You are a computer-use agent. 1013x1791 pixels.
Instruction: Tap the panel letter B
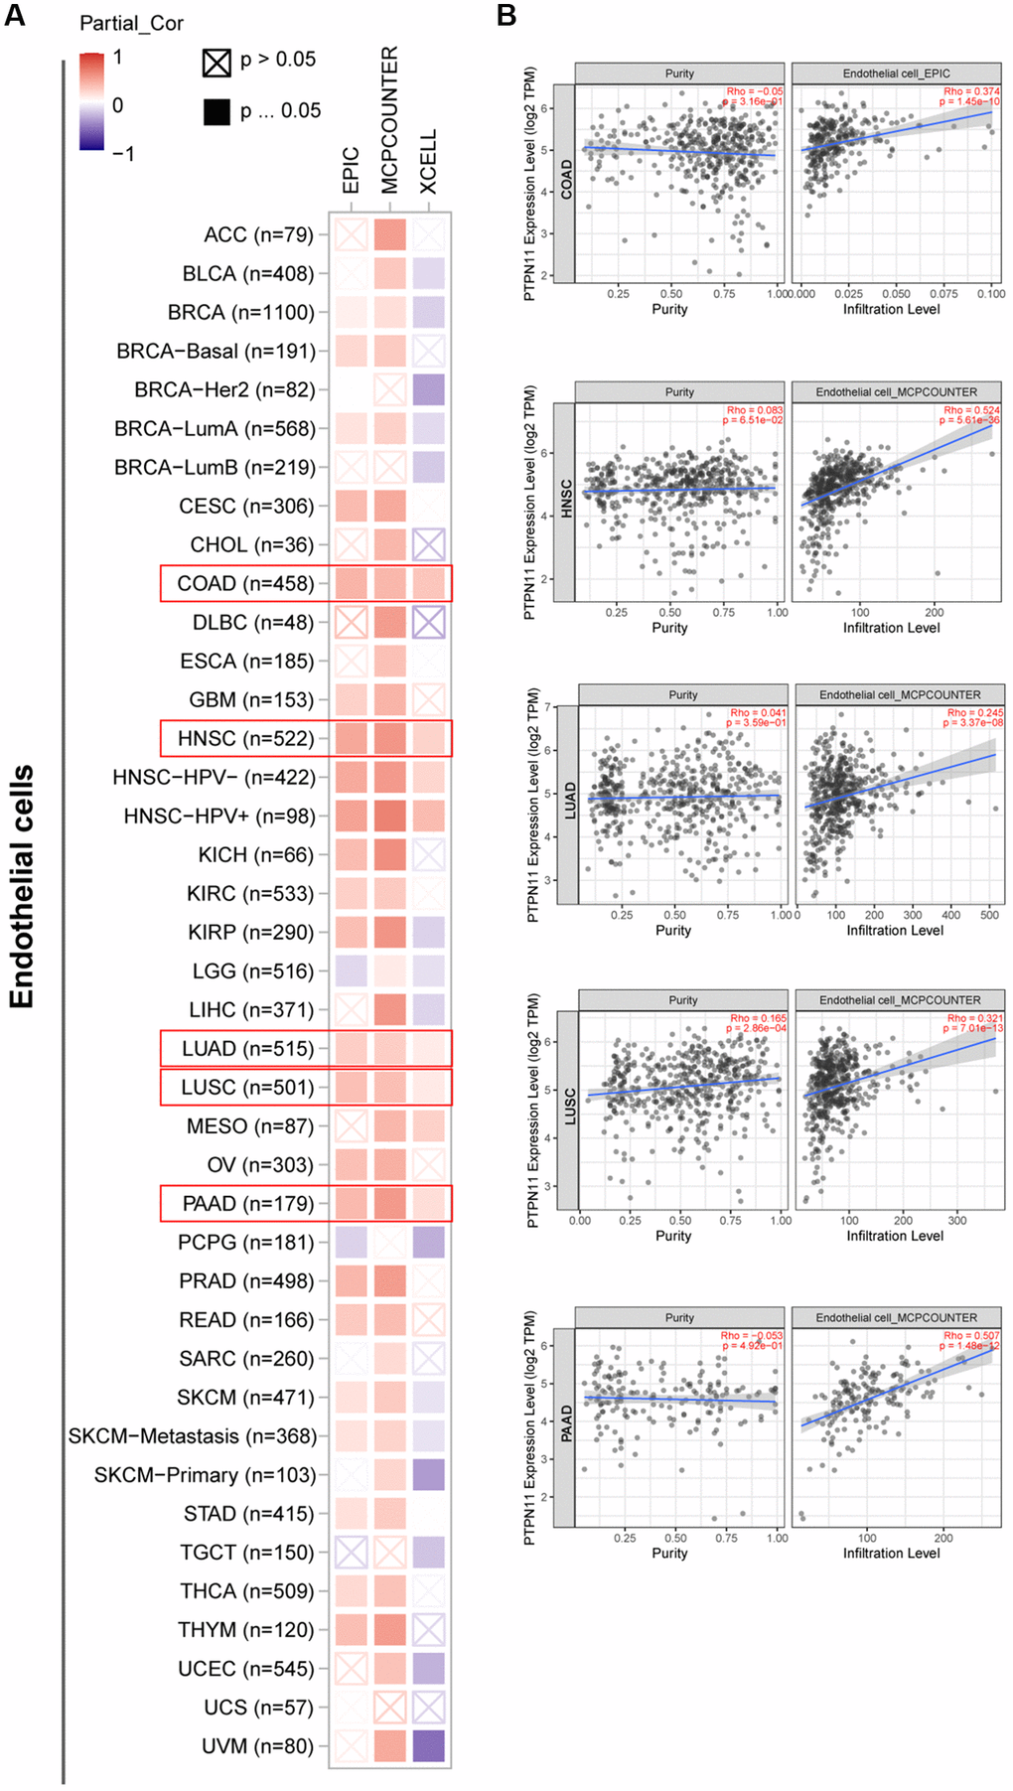pyautogui.click(x=506, y=15)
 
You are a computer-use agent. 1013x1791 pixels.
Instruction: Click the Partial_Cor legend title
pyautogui.click(x=131, y=23)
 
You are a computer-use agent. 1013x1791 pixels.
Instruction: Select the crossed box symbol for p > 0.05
pyautogui.click(x=217, y=63)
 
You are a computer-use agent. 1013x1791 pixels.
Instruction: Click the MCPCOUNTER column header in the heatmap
pyautogui.click(x=389, y=120)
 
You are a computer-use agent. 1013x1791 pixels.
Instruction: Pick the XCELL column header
pyautogui.click(x=428, y=162)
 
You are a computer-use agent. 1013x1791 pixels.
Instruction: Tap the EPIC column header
pyautogui.click(x=351, y=170)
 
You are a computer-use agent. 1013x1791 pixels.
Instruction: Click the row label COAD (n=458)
pyautogui.click(x=245, y=583)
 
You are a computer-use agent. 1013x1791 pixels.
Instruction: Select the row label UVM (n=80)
pyautogui.click(x=256, y=1746)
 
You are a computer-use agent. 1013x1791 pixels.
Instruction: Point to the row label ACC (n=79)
pyautogui.click(x=258, y=234)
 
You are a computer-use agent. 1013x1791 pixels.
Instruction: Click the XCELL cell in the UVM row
pyautogui.click(x=428, y=1746)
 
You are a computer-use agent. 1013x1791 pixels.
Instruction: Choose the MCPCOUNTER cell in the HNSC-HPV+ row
pyautogui.click(x=389, y=816)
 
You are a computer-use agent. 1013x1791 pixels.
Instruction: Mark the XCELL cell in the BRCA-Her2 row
pyautogui.click(x=428, y=389)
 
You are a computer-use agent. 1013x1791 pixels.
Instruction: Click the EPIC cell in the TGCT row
pyautogui.click(x=351, y=1553)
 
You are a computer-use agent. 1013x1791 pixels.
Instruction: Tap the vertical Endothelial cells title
pyautogui.click(x=22, y=886)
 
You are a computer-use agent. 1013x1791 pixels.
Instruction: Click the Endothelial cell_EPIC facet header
pyautogui.click(x=896, y=74)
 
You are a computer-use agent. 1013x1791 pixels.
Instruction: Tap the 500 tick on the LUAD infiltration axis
pyautogui.click(x=989, y=915)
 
